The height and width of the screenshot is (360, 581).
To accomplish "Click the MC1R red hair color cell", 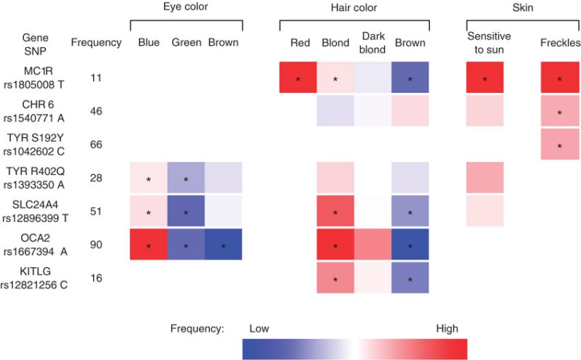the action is (298, 77).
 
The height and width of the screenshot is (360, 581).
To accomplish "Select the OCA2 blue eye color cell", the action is (149, 244).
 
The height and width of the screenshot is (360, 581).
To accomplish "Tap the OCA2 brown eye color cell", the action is (224, 244).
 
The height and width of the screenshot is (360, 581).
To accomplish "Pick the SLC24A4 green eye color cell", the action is (186, 210).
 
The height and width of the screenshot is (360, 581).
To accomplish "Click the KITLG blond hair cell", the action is (336, 278).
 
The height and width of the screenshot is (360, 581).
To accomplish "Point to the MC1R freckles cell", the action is (560, 77).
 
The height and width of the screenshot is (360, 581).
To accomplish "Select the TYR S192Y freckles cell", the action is (560, 144).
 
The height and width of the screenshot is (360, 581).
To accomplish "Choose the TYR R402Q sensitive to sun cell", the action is (485, 177).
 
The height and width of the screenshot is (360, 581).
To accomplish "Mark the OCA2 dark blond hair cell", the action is (373, 244).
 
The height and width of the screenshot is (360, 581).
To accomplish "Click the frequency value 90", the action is (96, 245).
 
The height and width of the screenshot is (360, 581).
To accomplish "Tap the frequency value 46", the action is (96, 111).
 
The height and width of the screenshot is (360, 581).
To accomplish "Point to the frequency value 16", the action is (96, 278).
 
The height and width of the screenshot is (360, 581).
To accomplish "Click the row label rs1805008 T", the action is (33, 85).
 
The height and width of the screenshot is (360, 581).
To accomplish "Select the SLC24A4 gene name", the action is (35, 205).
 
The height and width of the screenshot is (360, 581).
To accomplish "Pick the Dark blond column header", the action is (373, 43).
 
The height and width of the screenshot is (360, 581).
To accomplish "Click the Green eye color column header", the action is (187, 42).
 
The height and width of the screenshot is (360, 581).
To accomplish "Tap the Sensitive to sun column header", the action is (489, 43).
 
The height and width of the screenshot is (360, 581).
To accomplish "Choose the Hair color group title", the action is (354, 8).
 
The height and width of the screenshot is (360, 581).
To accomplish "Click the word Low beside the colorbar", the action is (259, 329).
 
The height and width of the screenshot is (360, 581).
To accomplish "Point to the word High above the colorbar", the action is (447, 329).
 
